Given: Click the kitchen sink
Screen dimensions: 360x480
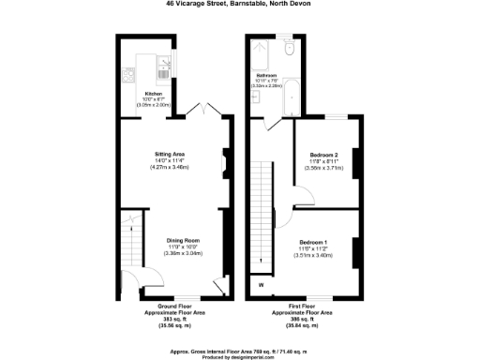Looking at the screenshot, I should (164, 65).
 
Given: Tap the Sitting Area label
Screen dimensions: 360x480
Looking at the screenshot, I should (170, 154).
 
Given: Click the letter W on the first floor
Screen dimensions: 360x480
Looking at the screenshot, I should (261, 285).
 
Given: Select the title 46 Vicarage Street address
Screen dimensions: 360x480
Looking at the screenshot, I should (239, 5).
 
